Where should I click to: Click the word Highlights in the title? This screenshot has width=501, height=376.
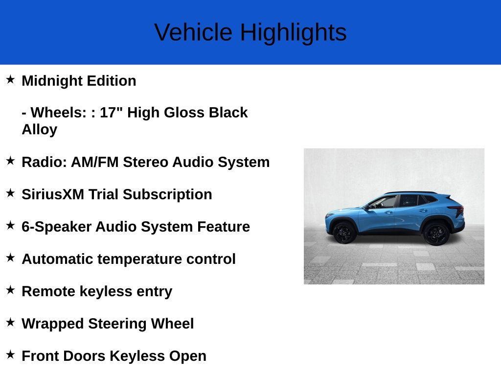pyautogui.click(x=293, y=33)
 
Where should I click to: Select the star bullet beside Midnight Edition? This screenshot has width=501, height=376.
pyautogui.click(x=10, y=79)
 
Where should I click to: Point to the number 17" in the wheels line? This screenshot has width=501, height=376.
pyautogui.click(x=112, y=113)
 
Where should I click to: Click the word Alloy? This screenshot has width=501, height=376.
pyautogui.click(x=40, y=130)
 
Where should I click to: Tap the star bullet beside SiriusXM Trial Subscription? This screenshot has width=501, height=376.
pyautogui.click(x=10, y=193)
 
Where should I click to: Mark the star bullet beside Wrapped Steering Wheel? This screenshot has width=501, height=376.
pyautogui.click(x=10, y=322)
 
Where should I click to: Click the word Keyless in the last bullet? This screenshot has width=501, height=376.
pyautogui.click(x=137, y=356)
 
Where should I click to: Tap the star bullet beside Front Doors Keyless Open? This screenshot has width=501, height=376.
pyautogui.click(x=10, y=354)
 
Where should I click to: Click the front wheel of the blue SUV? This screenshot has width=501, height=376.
pyautogui.click(x=344, y=233)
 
